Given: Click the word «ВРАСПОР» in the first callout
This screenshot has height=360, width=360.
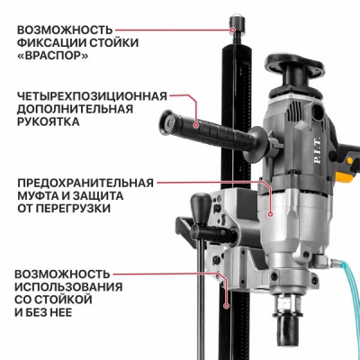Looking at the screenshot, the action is coord(52,56).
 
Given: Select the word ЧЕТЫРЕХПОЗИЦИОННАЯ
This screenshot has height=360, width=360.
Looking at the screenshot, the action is coord(92,96).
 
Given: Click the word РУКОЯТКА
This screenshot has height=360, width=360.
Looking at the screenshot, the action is coord(49,121).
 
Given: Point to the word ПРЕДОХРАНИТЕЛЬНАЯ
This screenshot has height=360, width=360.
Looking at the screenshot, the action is coord(85,183).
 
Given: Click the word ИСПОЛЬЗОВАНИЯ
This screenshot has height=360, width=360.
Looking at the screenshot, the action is coord(69,287).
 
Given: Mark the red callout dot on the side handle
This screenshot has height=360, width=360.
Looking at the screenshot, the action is coord(196,125).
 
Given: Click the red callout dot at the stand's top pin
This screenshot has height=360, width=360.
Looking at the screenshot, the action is coord(233,30).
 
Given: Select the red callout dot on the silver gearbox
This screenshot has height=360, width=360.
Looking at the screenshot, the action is coord(270,214).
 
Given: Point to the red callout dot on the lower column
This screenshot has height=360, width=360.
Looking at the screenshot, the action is coord(227,306).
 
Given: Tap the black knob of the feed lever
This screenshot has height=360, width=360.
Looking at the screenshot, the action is coord(200,203).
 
